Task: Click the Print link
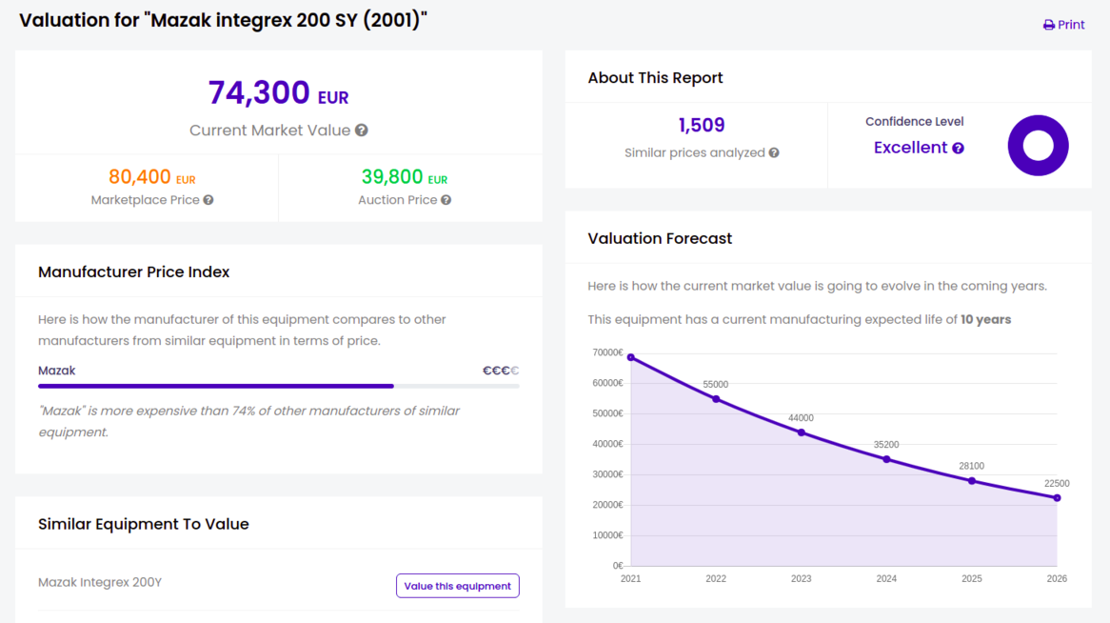click(x=1064, y=25)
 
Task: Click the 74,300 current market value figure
click(x=259, y=92)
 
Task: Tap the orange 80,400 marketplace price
click(x=140, y=176)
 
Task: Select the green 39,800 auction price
click(x=392, y=176)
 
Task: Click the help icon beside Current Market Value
click(x=362, y=131)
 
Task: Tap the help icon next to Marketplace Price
click(x=208, y=200)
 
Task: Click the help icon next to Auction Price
click(x=446, y=200)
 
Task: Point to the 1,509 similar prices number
click(x=702, y=125)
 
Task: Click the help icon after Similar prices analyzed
click(x=774, y=152)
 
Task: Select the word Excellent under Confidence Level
click(x=910, y=148)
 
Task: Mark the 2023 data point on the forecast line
click(x=802, y=432)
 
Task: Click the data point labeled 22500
click(x=1057, y=498)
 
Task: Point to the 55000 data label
click(x=716, y=385)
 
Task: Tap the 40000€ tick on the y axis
click(x=607, y=444)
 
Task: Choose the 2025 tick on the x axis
click(x=972, y=578)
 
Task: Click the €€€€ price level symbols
click(x=501, y=371)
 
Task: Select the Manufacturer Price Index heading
click(x=134, y=271)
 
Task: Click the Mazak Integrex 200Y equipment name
click(x=100, y=582)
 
